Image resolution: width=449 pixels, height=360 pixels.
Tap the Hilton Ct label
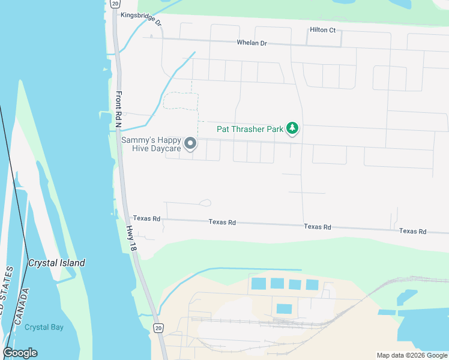coord(322,30)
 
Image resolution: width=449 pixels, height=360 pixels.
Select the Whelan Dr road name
coord(252,43)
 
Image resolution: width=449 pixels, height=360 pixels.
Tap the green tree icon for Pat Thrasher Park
coord(292,128)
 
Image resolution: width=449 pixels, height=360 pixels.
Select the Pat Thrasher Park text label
coord(250,128)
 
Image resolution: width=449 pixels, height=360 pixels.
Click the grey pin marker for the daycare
coord(190,143)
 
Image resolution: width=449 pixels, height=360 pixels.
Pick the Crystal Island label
coord(56,263)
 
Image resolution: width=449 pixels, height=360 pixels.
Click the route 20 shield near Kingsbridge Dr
coord(115,4)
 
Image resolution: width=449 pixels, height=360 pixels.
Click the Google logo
coord(20,353)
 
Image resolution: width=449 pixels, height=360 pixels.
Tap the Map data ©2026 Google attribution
coord(411,355)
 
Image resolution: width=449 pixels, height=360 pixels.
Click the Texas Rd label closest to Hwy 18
coord(146,219)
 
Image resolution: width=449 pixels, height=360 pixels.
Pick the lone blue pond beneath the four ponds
coord(284,309)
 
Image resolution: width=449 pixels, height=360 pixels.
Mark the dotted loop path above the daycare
coord(180,101)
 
